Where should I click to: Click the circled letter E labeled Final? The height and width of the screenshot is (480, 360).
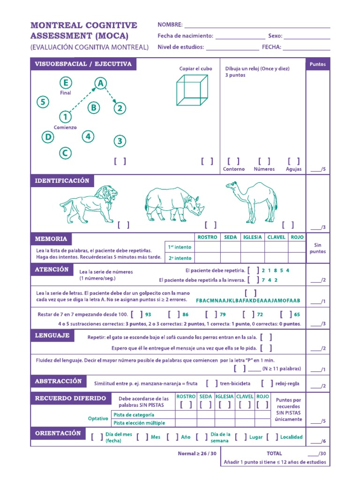(66, 83)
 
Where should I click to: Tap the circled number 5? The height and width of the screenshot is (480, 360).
(43, 102)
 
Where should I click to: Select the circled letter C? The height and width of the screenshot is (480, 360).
(65, 152)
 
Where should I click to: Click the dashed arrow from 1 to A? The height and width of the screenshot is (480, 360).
(82, 100)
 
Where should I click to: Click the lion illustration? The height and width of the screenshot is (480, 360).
(88, 204)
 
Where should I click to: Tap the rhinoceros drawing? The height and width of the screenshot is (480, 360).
(173, 204)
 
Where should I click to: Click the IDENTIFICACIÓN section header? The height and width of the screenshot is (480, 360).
(62, 181)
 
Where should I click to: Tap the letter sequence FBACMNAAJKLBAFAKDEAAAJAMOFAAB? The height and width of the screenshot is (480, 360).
(248, 300)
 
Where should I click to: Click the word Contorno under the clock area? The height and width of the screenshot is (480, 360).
(234, 169)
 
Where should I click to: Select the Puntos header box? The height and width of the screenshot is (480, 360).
(318, 65)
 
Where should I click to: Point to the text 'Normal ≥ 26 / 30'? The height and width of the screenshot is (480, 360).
(197, 453)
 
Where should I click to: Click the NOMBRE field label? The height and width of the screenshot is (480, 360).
(170, 25)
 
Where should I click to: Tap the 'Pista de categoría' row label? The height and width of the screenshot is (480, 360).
(134, 415)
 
